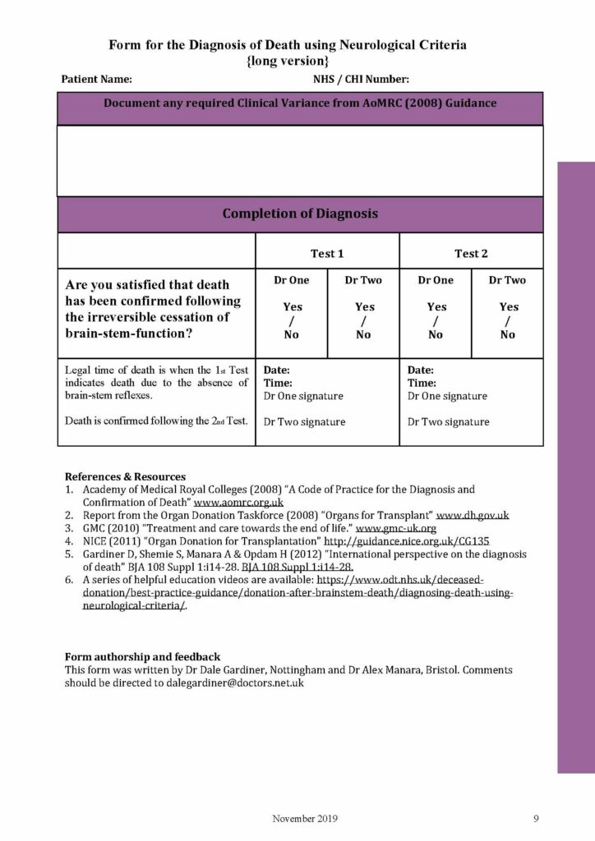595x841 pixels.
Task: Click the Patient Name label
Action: [96, 80]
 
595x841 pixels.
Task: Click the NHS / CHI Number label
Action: [361, 80]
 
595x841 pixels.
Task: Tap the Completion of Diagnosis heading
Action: [300, 214]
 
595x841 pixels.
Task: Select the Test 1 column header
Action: [327, 253]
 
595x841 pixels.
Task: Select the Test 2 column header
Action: [471, 253]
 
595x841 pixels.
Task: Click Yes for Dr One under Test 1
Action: [292, 307]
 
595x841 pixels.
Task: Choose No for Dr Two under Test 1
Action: [363, 335]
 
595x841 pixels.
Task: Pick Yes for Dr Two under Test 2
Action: [508, 307]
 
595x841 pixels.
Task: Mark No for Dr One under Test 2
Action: [436, 335]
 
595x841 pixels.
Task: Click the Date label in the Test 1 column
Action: [277, 370]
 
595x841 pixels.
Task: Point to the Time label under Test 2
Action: [422, 384]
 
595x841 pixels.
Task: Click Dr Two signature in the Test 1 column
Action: [304, 422]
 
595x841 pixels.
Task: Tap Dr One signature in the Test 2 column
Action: [448, 396]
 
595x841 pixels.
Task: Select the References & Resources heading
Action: [125, 476]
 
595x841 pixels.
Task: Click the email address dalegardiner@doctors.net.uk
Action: [234, 682]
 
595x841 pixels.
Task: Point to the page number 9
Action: [536, 818]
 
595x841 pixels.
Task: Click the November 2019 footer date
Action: [305, 818]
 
